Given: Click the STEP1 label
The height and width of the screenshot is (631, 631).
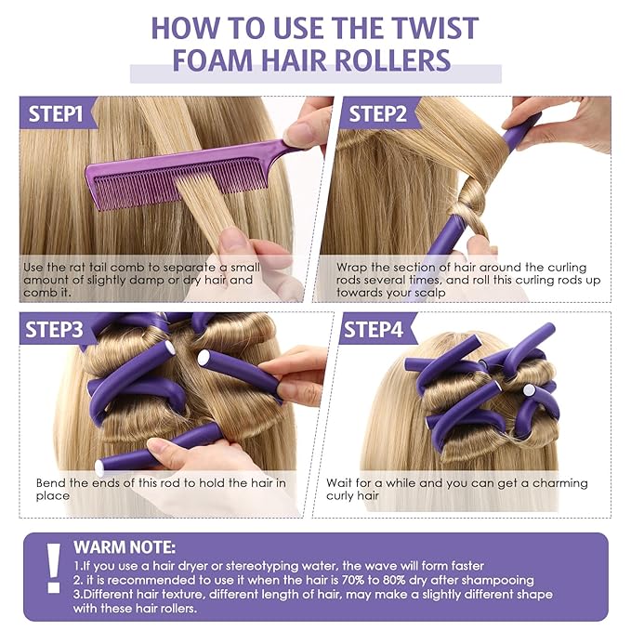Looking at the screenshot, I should (x=58, y=114).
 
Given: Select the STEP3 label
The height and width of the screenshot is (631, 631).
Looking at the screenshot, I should (x=58, y=329).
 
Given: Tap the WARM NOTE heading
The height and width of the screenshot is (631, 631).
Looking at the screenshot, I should (x=124, y=547).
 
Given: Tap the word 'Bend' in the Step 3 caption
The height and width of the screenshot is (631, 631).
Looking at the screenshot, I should (x=50, y=482).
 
